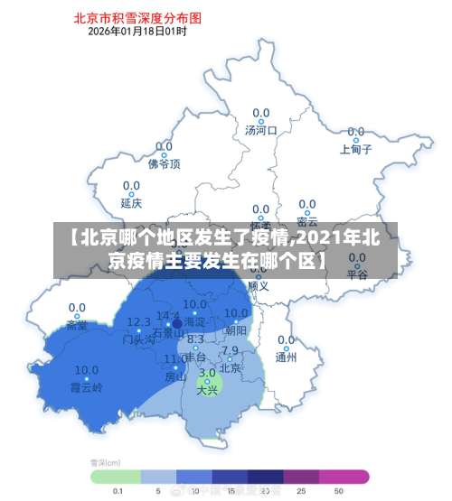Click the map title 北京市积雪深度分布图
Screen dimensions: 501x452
click(x=137, y=17)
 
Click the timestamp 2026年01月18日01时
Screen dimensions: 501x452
click(x=137, y=32)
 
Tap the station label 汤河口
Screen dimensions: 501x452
click(x=260, y=130)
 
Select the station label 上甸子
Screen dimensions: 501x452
click(x=356, y=150)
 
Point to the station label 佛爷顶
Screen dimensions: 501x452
click(x=164, y=163)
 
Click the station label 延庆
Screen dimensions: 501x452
click(x=132, y=204)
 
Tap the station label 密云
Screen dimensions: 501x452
click(x=307, y=221)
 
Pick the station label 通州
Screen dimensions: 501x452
click(x=287, y=357)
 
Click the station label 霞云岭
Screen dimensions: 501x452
click(x=87, y=386)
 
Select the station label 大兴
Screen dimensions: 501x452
click(x=207, y=389)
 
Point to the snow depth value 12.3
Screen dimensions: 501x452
click(x=138, y=321)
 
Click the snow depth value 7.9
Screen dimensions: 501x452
click(x=231, y=350)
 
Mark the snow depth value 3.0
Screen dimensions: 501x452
click(x=207, y=372)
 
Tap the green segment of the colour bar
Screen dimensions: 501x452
click(x=116, y=476)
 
